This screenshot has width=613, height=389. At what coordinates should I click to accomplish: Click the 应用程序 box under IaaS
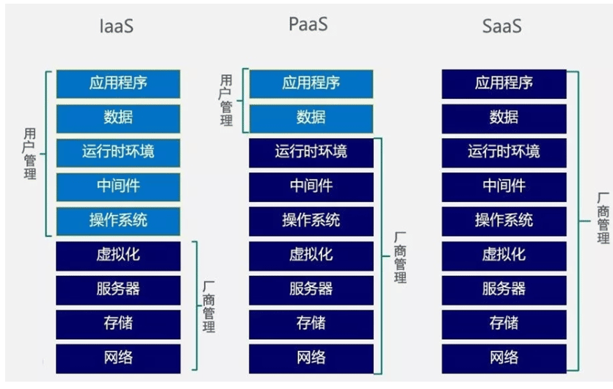[118, 83]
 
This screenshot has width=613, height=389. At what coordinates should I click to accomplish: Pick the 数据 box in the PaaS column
[311, 117]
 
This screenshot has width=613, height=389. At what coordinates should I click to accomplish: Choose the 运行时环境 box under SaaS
[504, 152]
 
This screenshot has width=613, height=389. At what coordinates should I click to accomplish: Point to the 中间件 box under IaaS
[118, 186]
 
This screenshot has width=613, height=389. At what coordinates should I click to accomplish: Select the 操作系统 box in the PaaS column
[311, 220]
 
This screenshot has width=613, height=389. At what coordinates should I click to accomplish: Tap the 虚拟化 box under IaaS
[118, 255]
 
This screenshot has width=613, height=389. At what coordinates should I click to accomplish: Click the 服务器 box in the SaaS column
[504, 289]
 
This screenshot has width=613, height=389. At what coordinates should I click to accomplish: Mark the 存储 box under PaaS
[311, 324]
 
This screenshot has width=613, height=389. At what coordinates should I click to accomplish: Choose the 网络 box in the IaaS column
[118, 358]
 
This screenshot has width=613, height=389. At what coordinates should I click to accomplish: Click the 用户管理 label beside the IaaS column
[29, 154]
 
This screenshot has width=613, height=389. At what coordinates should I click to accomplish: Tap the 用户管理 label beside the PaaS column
[226, 100]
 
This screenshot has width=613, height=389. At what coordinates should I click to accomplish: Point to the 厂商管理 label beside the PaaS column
[400, 257]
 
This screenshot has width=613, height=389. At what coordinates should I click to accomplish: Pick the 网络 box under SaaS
[504, 358]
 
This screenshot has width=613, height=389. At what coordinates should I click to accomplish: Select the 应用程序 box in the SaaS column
[504, 83]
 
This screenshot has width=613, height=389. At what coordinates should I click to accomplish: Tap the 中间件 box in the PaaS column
[311, 186]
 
